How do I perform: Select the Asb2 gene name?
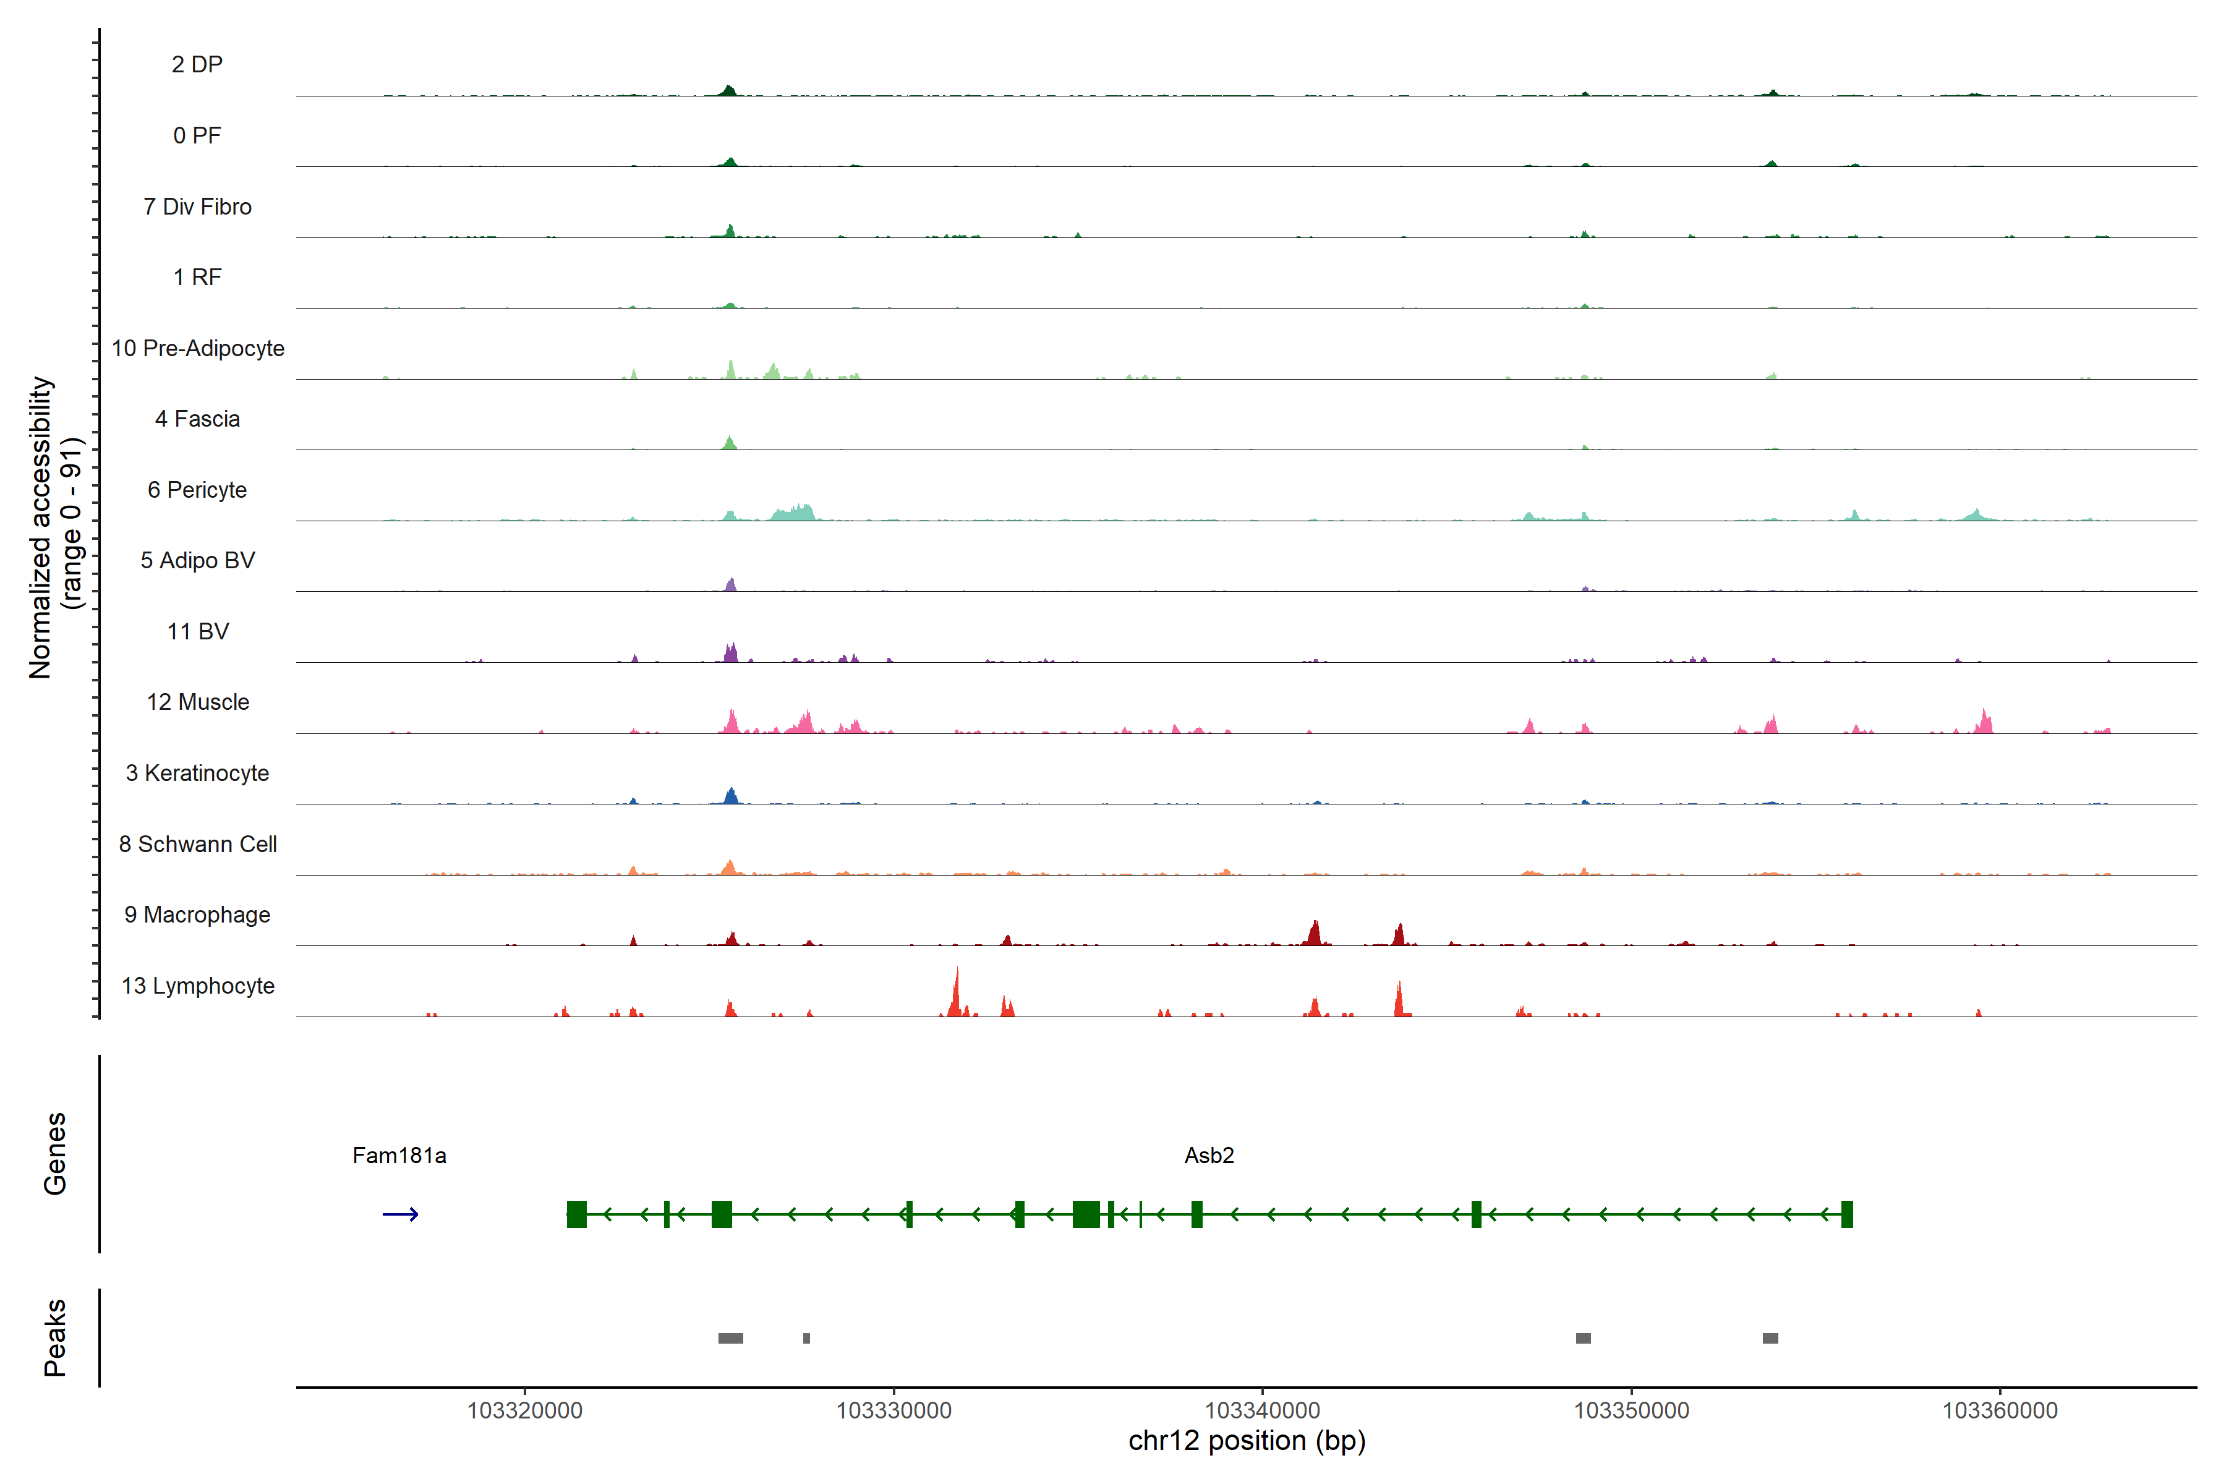[x=1209, y=1156]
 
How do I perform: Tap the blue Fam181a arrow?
[x=399, y=1214]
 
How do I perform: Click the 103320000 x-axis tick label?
[x=524, y=1410]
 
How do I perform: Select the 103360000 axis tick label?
[x=1999, y=1410]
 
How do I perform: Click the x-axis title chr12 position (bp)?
[x=1247, y=1441]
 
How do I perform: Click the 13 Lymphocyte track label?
[x=198, y=986]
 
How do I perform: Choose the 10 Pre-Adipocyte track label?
[x=198, y=348]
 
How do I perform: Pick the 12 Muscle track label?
[x=198, y=702]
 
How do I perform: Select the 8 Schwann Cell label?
[x=198, y=844]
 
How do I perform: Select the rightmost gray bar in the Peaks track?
[x=1770, y=1338]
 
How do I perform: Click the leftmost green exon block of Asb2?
[x=576, y=1214]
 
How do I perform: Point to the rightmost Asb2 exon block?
[x=1846, y=1214]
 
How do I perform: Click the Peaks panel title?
[x=55, y=1337]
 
